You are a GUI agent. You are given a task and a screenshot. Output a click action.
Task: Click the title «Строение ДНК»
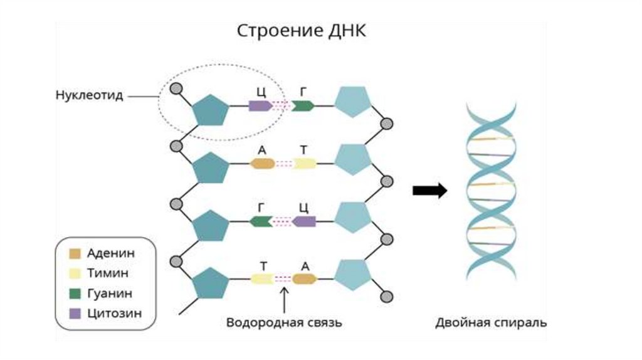tap(301, 31)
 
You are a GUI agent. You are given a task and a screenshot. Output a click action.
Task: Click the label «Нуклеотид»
tap(89, 96)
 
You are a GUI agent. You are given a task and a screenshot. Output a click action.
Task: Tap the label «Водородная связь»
tap(284, 323)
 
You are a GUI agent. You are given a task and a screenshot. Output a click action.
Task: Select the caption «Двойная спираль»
tap(491, 323)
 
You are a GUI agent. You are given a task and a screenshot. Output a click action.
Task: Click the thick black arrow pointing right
tap(429, 191)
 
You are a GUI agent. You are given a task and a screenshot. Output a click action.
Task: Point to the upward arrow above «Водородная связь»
tap(284, 299)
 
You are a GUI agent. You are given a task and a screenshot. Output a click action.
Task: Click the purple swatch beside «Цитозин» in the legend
tap(75, 312)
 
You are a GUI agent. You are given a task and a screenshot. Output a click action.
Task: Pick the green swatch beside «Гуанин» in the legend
tap(75, 293)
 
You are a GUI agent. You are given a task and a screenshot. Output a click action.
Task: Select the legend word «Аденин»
tap(111, 253)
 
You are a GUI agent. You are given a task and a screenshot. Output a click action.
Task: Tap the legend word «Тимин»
tap(108, 273)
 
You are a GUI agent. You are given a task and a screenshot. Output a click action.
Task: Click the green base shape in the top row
tap(303, 105)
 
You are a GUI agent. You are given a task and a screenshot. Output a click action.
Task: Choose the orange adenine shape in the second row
tap(263, 164)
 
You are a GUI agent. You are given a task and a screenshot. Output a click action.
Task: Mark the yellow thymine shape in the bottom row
tap(262, 279)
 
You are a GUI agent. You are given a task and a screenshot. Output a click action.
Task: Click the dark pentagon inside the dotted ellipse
tap(209, 111)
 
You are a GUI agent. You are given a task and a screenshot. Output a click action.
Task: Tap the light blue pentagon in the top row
tap(353, 101)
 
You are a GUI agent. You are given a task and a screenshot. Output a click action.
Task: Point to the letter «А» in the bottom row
tap(305, 265)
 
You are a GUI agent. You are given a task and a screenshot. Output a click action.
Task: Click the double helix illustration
tap(491, 191)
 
